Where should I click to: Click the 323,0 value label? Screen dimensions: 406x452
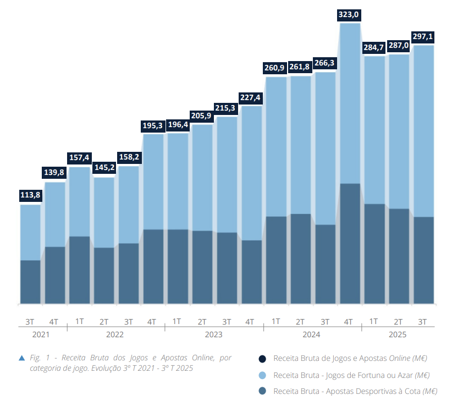(x=350, y=15)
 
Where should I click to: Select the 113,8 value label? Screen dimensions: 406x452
(x=30, y=195)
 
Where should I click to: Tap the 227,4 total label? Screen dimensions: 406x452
(x=251, y=97)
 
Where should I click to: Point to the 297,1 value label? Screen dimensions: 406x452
(x=423, y=36)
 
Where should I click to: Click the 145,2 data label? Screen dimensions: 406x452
(x=103, y=167)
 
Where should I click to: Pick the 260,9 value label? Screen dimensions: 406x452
(x=275, y=68)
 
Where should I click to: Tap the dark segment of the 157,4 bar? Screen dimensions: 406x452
(x=79, y=270)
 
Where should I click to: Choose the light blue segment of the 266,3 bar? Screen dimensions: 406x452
(x=325, y=149)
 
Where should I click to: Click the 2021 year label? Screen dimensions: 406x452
(x=41, y=334)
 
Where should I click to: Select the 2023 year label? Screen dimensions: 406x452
(x=214, y=334)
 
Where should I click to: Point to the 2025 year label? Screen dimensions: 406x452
(x=398, y=334)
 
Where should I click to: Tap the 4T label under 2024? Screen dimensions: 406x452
(x=349, y=321)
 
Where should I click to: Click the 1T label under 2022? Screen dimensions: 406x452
(x=79, y=321)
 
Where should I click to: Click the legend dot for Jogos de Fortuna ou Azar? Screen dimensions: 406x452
(x=263, y=375)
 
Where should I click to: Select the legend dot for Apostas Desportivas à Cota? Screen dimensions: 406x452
(x=263, y=392)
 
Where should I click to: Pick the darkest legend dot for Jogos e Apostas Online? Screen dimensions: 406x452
(x=263, y=359)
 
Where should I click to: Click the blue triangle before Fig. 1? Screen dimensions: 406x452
(x=22, y=358)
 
